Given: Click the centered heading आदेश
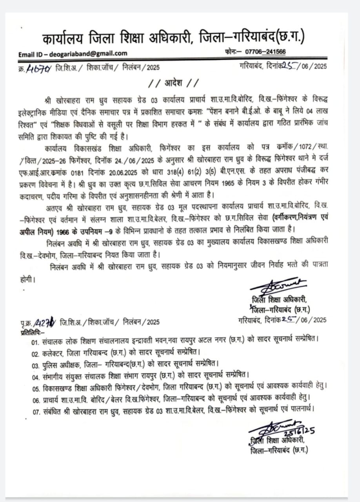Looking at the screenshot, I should [x=173, y=84].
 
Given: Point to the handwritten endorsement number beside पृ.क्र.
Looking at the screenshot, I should [x=45, y=323].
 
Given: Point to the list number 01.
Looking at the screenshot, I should [x=36, y=342].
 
